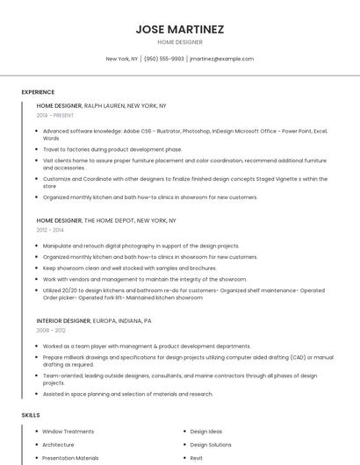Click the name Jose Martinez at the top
point(180,29)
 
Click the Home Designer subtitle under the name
point(180,42)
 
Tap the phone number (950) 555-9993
point(164,59)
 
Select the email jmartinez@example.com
point(221,59)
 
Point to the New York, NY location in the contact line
point(122,59)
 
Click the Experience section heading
point(38,92)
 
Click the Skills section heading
point(31,414)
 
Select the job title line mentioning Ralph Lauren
point(101,105)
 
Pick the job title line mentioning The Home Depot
point(106,221)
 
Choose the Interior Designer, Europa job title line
point(94,321)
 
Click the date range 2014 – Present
point(55,115)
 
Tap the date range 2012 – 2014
point(50,231)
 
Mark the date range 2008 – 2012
point(51,331)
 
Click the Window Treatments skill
point(68,432)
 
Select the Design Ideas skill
point(206,432)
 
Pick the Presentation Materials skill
point(70,457)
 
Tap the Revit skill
point(197,457)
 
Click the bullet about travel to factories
point(112,149)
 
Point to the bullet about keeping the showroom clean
point(129,268)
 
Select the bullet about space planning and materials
point(127,394)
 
